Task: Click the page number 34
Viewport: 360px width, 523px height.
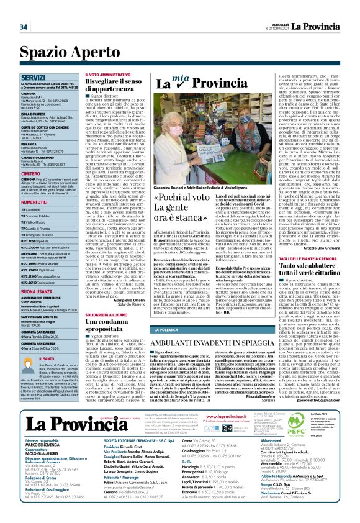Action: click(x=23, y=27)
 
